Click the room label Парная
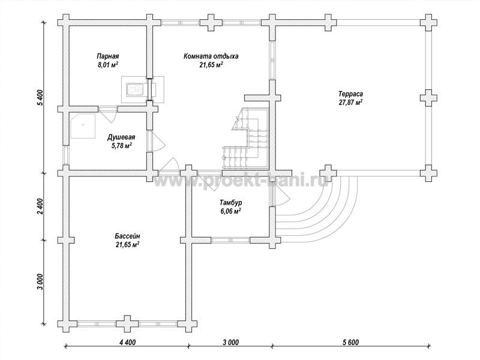[108, 56]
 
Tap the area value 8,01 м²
[108, 65]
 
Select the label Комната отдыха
[211, 56]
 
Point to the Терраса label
[350, 94]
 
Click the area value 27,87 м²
[350, 102]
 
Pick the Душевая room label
[121, 137]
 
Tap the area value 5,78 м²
[122, 146]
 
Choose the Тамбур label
[230, 203]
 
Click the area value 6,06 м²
[230, 211]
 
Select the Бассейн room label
[127, 236]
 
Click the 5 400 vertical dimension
[40, 98]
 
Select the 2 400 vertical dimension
[40, 207]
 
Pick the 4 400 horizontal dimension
[126, 342]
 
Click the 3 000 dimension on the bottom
[229, 342]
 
